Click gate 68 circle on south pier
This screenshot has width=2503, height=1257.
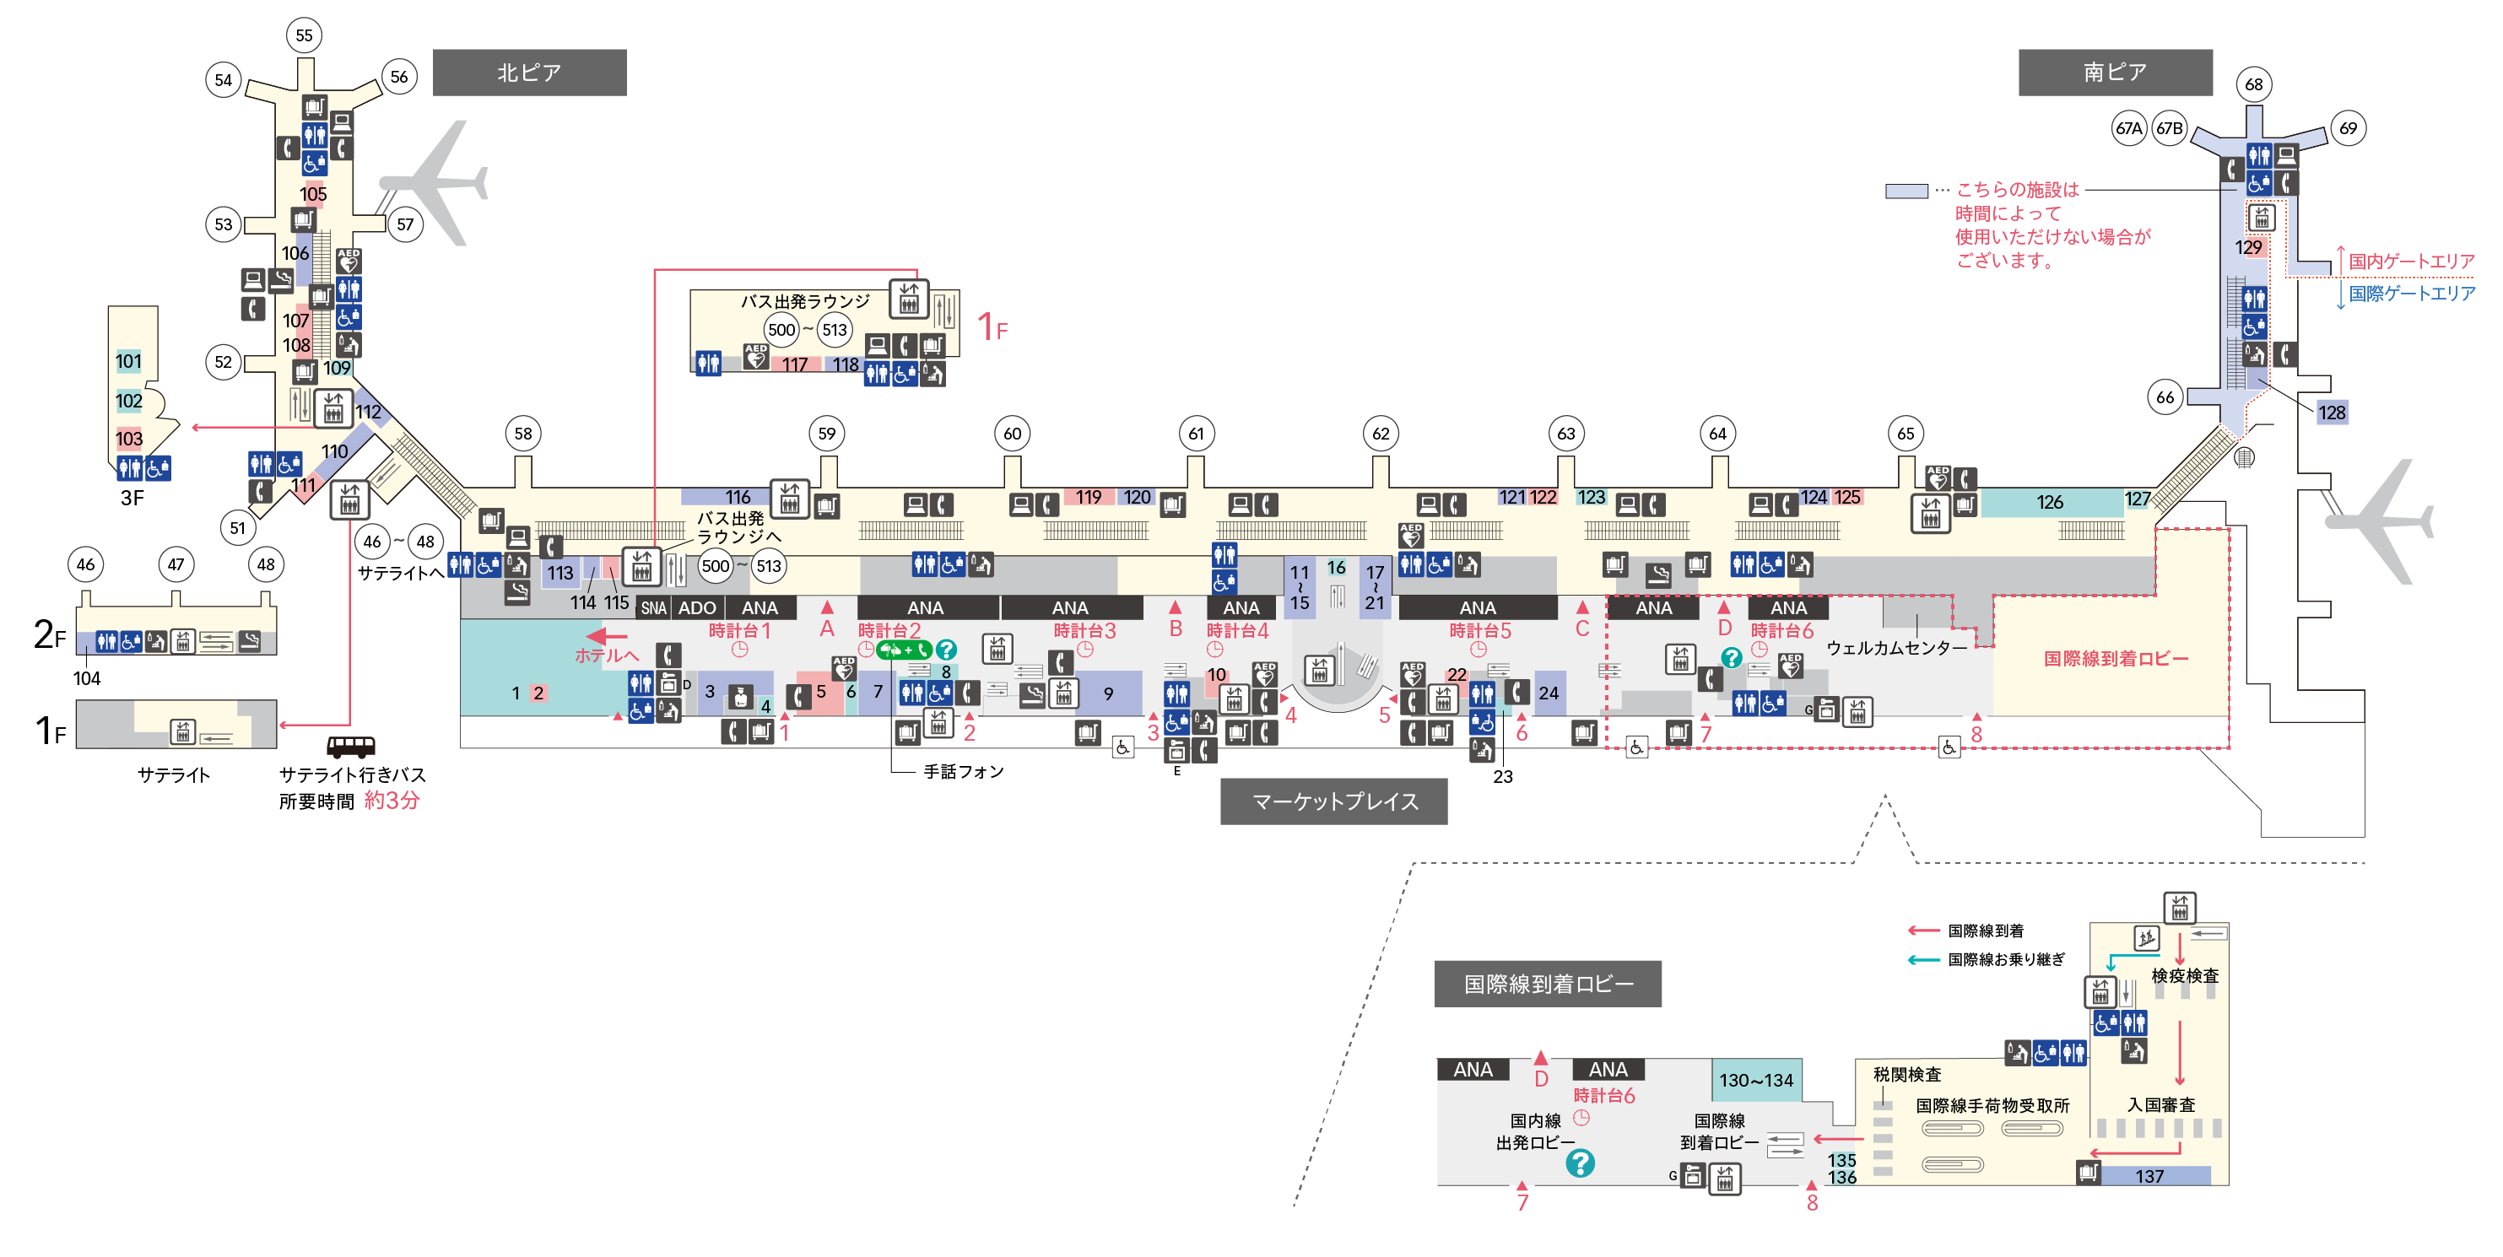2253,84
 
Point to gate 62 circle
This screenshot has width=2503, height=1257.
1381,434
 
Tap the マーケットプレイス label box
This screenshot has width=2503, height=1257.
1333,801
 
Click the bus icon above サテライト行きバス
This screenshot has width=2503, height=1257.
350,746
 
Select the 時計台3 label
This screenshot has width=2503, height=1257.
1084,631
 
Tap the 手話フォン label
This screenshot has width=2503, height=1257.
963,771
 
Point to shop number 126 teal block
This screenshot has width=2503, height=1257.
2050,502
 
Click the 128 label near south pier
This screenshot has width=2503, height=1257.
2331,413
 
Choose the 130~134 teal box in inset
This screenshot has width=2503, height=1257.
1756,1080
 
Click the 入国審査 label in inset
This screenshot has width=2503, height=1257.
2161,1104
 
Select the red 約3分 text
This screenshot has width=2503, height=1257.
392,801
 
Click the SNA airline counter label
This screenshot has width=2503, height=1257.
654,609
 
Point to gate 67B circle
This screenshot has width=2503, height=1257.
2170,128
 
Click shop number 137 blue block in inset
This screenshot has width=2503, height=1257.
2149,1176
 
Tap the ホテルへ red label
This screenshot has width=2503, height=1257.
606,655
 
